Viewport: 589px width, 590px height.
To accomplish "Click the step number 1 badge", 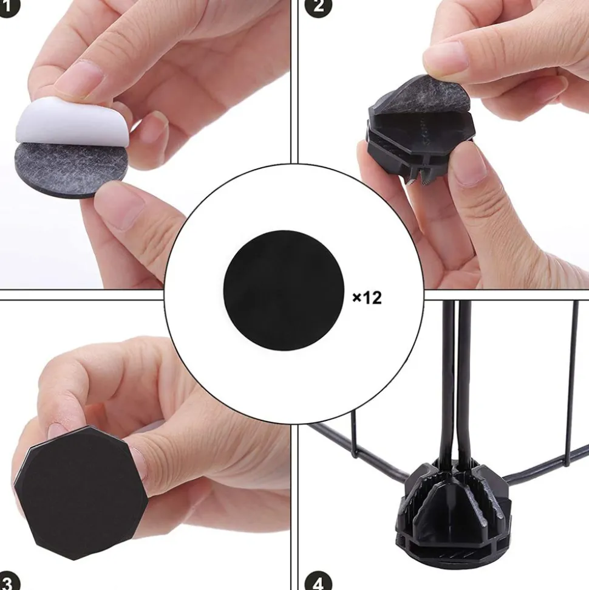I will [x=6, y=7].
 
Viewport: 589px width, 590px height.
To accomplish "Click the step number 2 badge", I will [x=320, y=7].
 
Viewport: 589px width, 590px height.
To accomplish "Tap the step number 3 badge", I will [x=6, y=582].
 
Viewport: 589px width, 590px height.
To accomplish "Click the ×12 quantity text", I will [x=367, y=297].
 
